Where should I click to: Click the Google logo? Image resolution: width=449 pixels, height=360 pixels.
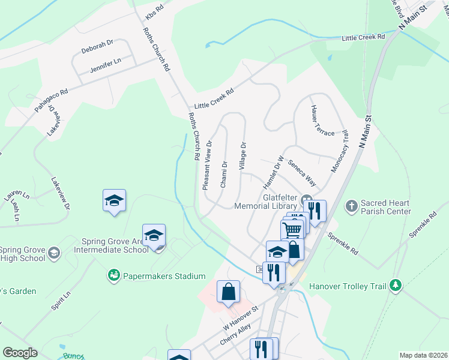pos(19,353)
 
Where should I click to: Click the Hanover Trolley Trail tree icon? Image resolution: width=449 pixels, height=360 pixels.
pos(395,286)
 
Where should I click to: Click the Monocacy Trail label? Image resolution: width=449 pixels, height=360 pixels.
pos(339,152)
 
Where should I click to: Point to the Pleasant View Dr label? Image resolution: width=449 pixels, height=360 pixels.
pos(208,165)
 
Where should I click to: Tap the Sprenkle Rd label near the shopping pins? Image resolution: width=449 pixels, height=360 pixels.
pos(343,242)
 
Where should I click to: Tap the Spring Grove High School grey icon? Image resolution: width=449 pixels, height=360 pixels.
pos(53,253)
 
